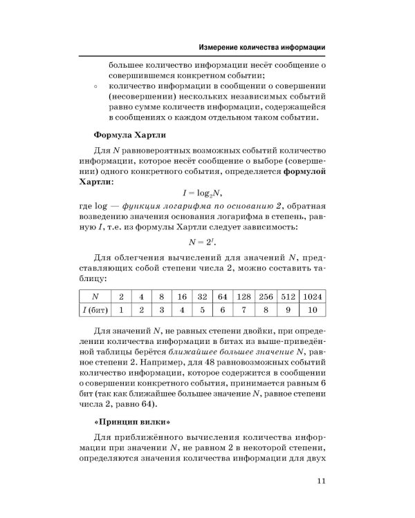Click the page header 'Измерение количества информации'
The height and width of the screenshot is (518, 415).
point(262,48)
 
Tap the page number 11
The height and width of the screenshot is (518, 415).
point(320,482)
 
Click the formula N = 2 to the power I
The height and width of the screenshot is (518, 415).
point(207,242)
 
